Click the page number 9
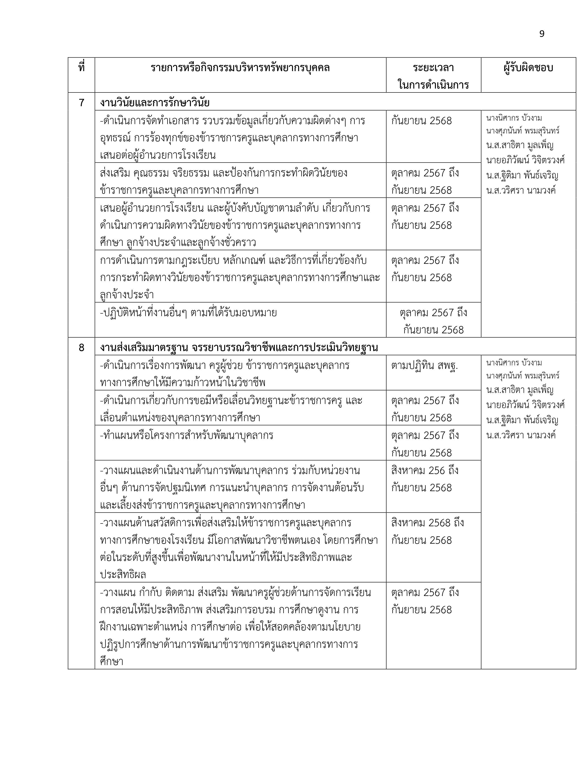(x=542, y=34)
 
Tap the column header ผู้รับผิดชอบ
(x=528, y=68)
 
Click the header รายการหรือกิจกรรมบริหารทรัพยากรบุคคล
(x=240, y=68)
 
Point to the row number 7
(x=81, y=103)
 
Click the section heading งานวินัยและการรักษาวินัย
(x=155, y=103)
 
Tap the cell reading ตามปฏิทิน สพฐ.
(x=425, y=366)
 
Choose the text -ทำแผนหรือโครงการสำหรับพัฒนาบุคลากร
(x=187, y=435)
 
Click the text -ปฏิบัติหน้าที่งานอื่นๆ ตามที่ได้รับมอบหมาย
(x=188, y=313)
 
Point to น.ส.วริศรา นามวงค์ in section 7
(x=521, y=190)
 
